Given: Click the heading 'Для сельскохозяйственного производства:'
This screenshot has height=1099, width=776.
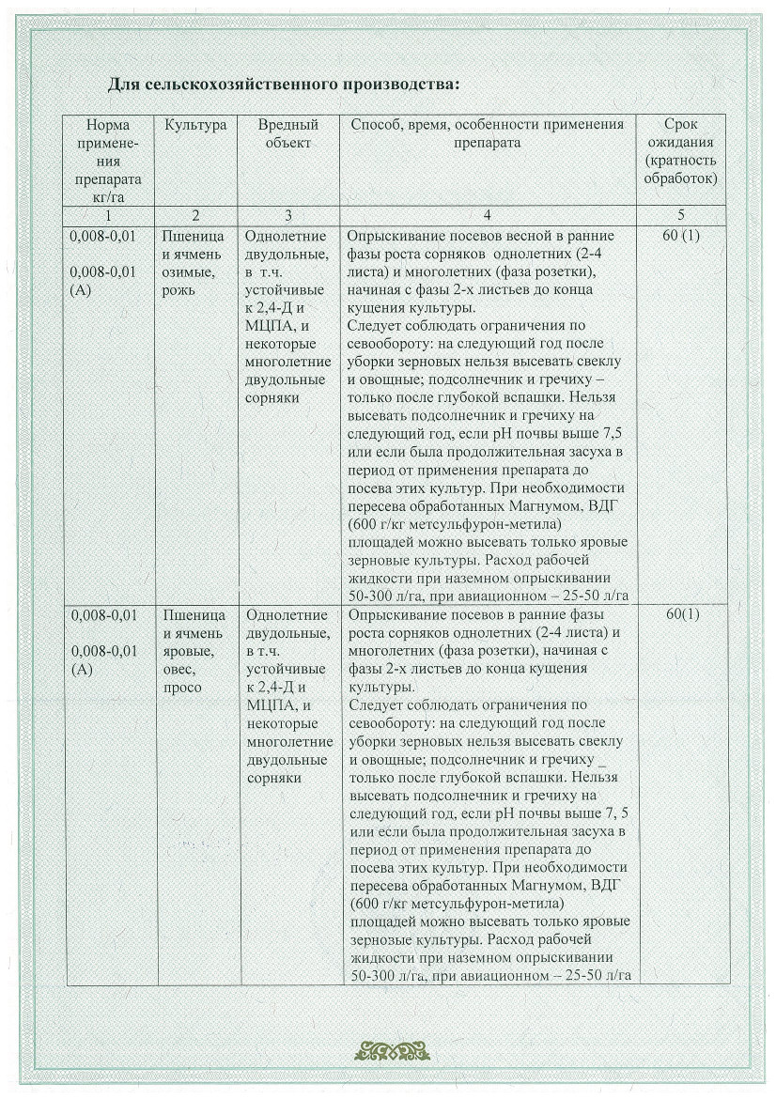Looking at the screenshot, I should click(x=283, y=85).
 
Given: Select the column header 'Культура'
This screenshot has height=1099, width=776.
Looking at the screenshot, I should click(x=195, y=125).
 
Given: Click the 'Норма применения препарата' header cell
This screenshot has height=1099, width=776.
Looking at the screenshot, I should click(x=104, y=161).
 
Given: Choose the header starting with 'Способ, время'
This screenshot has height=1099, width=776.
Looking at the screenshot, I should click(x=487, y=133).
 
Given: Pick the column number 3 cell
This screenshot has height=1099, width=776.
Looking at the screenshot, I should click(x=287, y=215).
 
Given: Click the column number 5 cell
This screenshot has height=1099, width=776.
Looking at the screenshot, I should click(x=680, y=215).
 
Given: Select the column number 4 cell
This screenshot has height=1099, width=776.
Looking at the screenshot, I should click(x=487, y=215).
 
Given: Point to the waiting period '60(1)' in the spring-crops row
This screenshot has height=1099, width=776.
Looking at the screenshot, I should click(x=680, y=615).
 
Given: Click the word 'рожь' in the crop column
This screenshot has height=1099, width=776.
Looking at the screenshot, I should click(x=178, y=289).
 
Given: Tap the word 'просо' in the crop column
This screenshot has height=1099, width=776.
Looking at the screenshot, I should click(x=182, y=688).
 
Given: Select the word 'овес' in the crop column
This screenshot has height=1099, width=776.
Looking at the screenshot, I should click(x=179, y=669).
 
